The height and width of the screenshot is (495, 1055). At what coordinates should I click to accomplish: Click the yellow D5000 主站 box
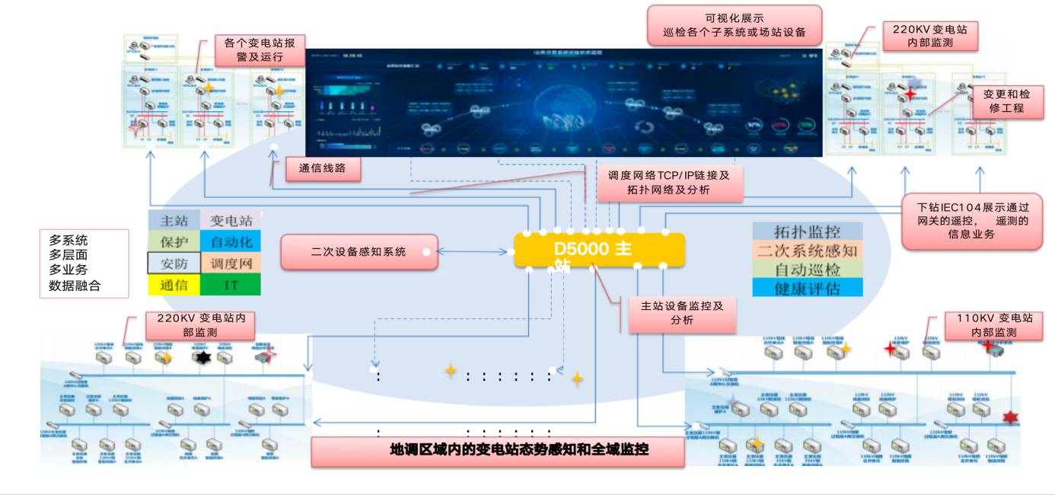point(599,250)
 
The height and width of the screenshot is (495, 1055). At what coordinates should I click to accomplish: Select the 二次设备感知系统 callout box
point(359,252)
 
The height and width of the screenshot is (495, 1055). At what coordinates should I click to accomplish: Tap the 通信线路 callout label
point(323,168)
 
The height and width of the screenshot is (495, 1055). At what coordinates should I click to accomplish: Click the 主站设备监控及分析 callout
point(682,313)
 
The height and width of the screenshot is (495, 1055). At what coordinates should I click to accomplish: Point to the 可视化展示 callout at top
point(735,25)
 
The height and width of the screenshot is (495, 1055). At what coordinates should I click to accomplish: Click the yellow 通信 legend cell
point(174,285)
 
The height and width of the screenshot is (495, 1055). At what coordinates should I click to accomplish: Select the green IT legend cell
point(231,285)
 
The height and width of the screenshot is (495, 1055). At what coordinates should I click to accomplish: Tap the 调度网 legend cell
point(231,263)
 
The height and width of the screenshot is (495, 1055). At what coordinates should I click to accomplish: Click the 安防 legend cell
point(174,263)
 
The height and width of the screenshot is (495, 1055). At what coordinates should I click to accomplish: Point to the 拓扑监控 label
point(807,232)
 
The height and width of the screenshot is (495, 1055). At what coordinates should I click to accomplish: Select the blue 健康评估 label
point(807,288)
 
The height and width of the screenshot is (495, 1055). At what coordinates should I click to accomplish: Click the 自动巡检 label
point(807,269)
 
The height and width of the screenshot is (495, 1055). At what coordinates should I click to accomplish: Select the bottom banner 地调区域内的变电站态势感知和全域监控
point(498,450)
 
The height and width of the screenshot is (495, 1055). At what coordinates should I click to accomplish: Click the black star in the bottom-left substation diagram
point(202,357)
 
